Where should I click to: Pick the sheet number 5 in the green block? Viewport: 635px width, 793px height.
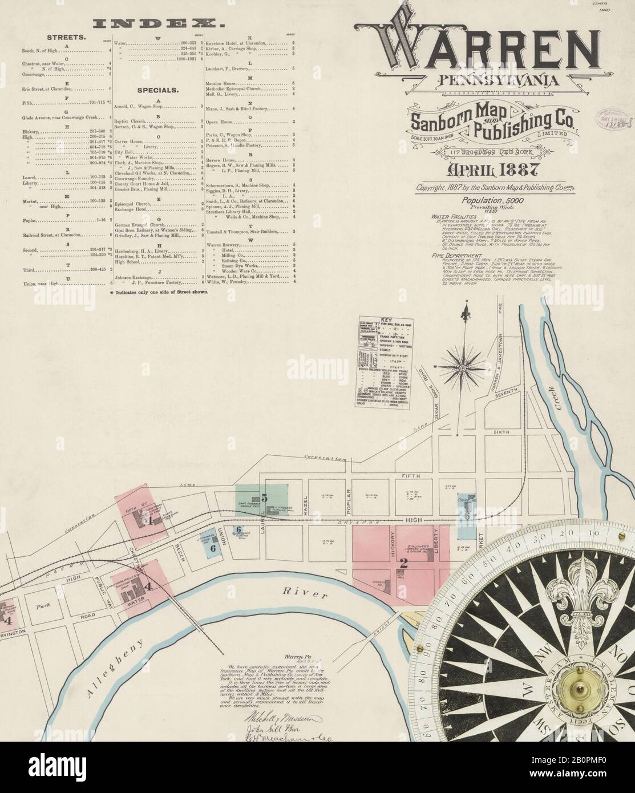(264, 497)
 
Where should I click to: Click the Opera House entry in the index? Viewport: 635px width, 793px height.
(220, 121)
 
